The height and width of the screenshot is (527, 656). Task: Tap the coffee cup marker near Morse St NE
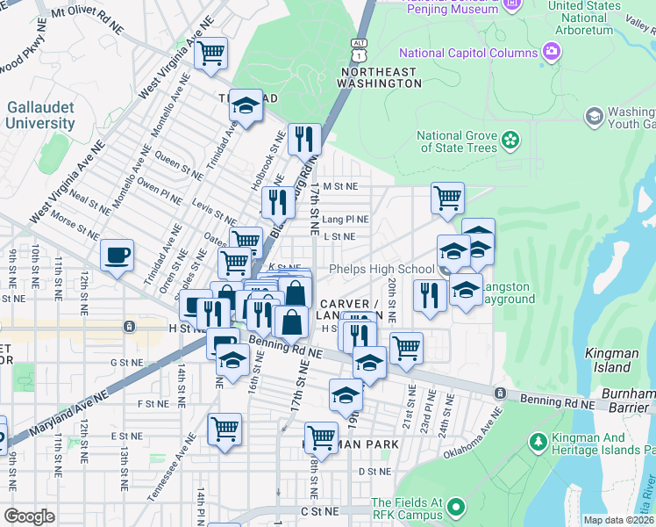point(117,256)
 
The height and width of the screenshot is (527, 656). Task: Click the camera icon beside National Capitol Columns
point(551,50)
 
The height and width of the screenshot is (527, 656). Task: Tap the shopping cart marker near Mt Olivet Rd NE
point(210,53)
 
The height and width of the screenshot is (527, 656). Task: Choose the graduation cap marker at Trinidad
point(246,107)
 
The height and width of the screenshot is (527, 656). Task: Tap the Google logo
point(30,516)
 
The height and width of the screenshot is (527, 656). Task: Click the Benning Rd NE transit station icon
point(500,393)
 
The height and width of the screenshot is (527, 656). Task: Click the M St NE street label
point(340,186)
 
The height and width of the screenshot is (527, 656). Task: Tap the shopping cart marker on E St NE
point(225,430)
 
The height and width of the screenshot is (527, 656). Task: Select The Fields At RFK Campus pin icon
point(455,507)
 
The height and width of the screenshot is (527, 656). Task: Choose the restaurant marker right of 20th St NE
point(429,294)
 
